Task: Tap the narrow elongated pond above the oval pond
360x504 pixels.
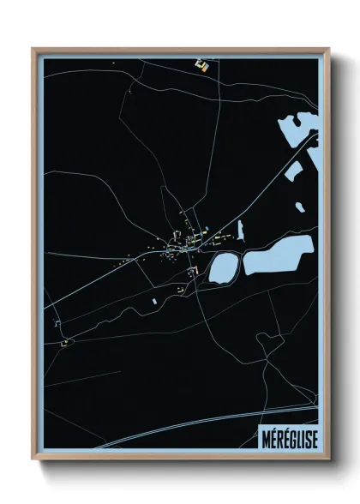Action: coord(241,228)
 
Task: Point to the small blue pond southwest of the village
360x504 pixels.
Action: coord(154,301)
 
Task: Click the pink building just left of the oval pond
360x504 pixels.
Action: coord(194,273)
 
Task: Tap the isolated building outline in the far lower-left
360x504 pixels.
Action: coord(64,344)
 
